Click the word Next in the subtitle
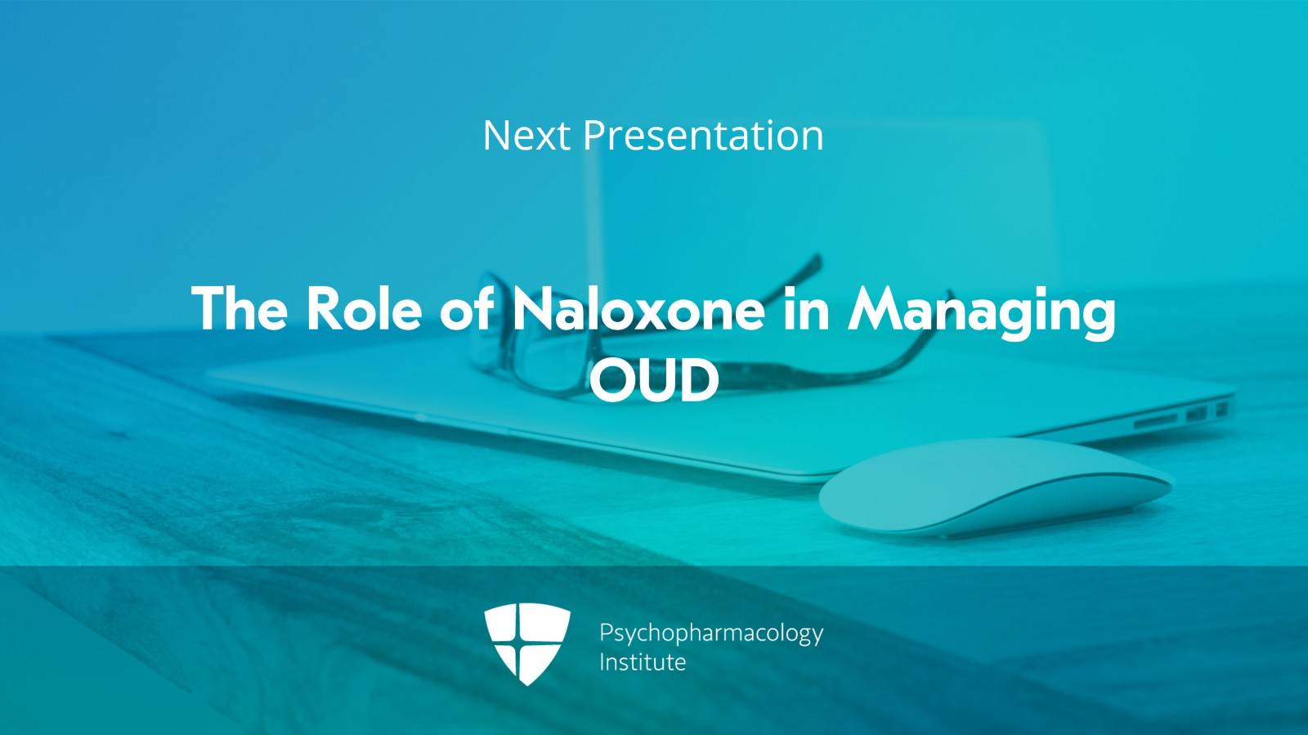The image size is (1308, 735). pyautogui.click(x=526, y=136)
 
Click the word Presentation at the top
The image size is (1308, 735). pyautogui.click(x=702, y=136)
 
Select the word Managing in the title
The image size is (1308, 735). pyautogui.click(x=981, y=311)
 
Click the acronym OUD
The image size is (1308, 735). pyautogui.click(x=654, y=380)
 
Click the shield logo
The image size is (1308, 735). pyautogui.click(x=526, y=643)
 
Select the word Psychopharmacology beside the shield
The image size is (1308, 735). pyautogui.click(x=710, y=633)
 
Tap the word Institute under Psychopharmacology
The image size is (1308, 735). pyautogui.click(x=643, y=661)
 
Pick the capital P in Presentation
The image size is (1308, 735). pyautogui.click(x=594, y=136)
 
